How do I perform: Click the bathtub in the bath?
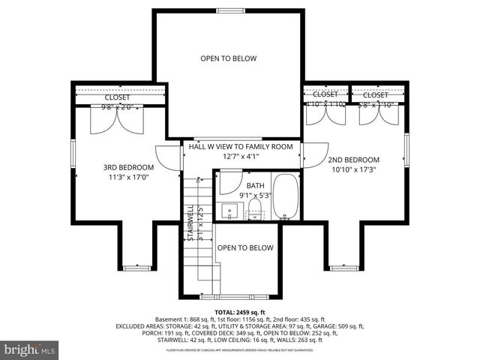pyautogui.click(x=284, y=196)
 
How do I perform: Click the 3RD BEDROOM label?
pyautogui.click(x=128, y=167)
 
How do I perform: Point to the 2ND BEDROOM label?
pyautogui.click(x=353, y=160)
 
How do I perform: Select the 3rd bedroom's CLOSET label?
pyautogui.click(x=116, y=97)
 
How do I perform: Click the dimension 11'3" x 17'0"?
pyautogui.click(x=128, y=178)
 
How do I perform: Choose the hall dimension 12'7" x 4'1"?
pyautogui.click(x=240, y=157)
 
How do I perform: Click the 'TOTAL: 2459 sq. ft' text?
pyautogui.click(x=240, y=311)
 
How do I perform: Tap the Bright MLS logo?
pyautogui.click(x=30, y=349)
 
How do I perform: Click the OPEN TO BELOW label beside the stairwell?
pyautogui.click(x=245, y=247)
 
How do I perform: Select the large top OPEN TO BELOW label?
pyautogui.click(x=228, y=58)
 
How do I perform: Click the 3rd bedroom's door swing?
pyautogui.click(x=169, y=156)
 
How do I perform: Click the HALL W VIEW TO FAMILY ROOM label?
pyautogui.click(x=240, y=147)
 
